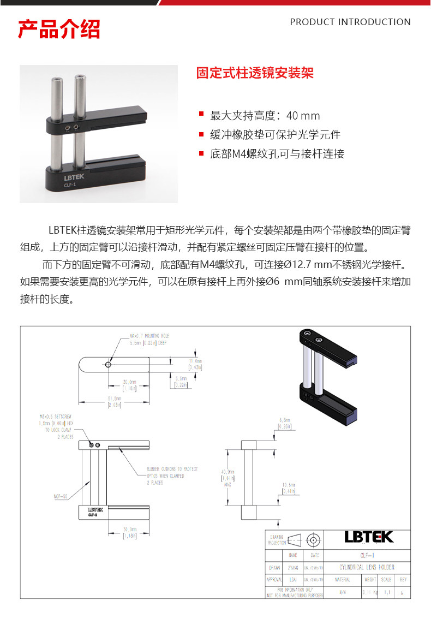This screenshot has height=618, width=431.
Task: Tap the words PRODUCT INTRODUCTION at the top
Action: click(x=350, y=22)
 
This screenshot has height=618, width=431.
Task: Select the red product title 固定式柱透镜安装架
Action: click(x=255, y=73)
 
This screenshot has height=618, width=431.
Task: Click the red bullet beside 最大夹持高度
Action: click(x=201, y=115)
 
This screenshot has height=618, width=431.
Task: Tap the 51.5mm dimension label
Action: click(x=115, y=402)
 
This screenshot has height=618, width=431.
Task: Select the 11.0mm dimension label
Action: click(x=195, y=364)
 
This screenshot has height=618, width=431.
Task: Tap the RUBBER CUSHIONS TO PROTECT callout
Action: click(x=172, y=469)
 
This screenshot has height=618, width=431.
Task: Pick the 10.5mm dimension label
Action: click(x=289, y=488)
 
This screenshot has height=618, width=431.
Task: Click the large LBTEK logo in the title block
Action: click(x=368, y=537)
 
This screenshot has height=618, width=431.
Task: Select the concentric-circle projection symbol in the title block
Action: click(x=313, y=540)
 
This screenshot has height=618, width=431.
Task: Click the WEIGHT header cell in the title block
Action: click(x=370, y=580)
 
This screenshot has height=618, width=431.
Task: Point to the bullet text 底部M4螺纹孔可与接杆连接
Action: click(x=277, y=154)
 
